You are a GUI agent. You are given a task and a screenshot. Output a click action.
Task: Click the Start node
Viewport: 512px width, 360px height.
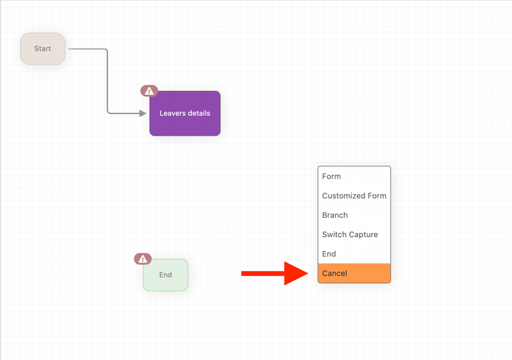pyautogui.click(x=43, y=49)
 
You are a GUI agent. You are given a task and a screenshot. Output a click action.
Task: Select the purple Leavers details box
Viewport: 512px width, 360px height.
pyautogui.click(x=185, y=113)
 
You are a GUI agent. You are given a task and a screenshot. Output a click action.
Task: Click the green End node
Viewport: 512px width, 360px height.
pyautogui.click(x=166, y=275)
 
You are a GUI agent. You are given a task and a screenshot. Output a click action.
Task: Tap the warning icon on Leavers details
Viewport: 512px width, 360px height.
pyautogui.click(x=149, y=91)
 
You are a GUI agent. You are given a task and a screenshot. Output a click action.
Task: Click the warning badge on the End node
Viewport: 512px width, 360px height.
pyautogui.click(x=143, y=259)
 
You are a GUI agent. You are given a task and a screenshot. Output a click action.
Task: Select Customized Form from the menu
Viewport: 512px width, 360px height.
pyautogui.click(x=354, y=195)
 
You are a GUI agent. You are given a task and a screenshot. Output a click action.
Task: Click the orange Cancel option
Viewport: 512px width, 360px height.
pyautogui.click(x=354, y=273)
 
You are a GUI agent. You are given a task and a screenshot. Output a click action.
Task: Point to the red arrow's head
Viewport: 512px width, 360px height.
pyautogui.click(x=308, y=274)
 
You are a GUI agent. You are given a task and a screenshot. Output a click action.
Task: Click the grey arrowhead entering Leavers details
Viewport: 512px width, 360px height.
pyautogui.click(x=143, y=113)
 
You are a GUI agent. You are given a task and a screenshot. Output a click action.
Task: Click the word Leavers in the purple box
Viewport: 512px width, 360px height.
pyautogui.click(x=172, y=113)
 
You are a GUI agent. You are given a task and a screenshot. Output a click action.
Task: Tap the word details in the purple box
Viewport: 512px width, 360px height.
pyautogui.click(x=199, y=113)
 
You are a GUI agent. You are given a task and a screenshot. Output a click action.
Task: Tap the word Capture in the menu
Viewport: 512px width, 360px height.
pyautogui.click(x=364, y=235)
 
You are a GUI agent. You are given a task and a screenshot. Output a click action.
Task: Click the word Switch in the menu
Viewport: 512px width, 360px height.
pyautogui.click(x=335, y=234)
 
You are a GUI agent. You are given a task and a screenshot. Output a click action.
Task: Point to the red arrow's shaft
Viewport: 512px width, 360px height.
pyautogui.click(x=263, y=274)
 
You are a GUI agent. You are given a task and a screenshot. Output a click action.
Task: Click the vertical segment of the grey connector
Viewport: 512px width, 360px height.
pyautogui.click(x=108, y=81)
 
